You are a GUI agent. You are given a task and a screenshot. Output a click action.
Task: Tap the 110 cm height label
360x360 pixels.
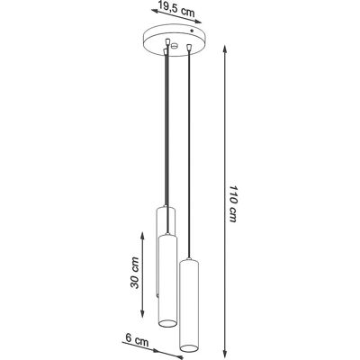point(233,203)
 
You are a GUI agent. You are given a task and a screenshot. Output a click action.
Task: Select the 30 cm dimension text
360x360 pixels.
point(135,273)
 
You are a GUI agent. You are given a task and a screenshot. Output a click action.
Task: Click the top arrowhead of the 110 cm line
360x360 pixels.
point(225,49)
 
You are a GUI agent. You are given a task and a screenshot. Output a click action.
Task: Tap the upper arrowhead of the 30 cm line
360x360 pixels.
point(142,236)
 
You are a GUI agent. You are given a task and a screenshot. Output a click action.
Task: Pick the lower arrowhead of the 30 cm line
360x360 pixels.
point(142,313)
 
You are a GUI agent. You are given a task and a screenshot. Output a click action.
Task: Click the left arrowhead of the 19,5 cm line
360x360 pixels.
point(156,12)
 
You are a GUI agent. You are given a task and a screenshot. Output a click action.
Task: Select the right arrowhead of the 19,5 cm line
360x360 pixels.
point(197,22)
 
